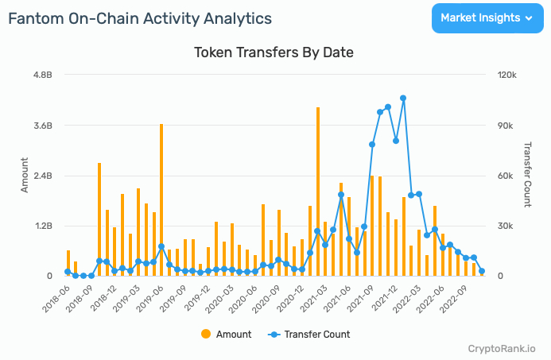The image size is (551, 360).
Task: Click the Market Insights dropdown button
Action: point(487,17)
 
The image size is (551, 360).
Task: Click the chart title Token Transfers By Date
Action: point(274,52)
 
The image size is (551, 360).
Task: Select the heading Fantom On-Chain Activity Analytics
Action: point(140,18)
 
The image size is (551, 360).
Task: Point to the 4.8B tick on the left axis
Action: point(41,75)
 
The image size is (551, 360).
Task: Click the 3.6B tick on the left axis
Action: point(41,126)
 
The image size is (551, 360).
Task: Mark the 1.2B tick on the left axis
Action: point(41,226)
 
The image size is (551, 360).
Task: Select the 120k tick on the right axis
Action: point(508,75)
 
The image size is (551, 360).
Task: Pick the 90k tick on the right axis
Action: point(507,126)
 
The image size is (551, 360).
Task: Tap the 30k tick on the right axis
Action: point(507,226)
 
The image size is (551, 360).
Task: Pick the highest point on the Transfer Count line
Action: point(403,98)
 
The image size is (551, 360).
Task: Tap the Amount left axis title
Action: point(24,176)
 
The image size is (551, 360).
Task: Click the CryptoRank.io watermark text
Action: point(502,348)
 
